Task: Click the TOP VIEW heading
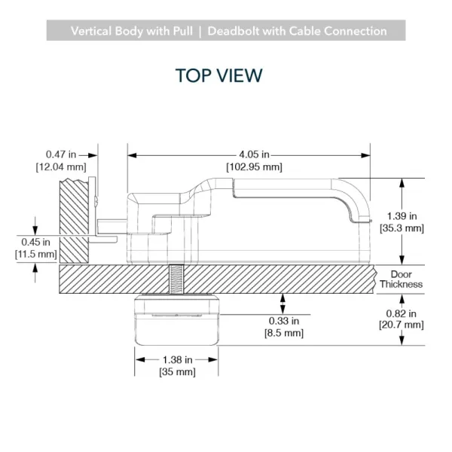tap(218, 75)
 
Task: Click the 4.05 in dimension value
tap(255, 154)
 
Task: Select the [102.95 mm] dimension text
tap(255, 167)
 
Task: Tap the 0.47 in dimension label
tap(61, 154)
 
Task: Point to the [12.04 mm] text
tap(61, 167)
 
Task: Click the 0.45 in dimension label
tap(35, 242)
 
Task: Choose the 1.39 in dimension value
tap(402, 216)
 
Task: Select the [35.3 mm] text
tap(402, 228)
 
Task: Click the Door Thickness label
tap(401, 279)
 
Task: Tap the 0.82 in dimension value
tap(402, 313)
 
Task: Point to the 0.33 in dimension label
tap(284, 321)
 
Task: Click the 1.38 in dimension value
tap(178, 360)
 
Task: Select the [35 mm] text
tap(177, 372)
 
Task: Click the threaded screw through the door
tap(176, 279)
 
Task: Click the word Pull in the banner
tap(183, 31)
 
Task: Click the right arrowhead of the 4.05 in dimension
tap(365, 155)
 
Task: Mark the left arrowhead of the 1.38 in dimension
tap(140, 360)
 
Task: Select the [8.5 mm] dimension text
tap(284, 333)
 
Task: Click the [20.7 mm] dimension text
tap(402, 325)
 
